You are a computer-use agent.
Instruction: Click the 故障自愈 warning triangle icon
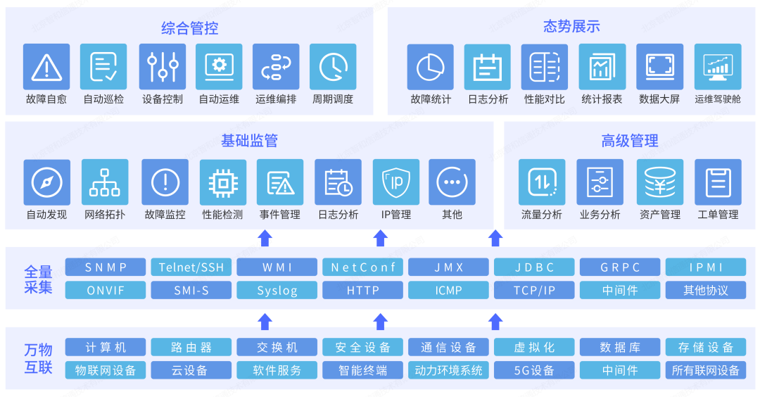tap(46, 67)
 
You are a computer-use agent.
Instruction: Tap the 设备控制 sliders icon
tap(163, 67)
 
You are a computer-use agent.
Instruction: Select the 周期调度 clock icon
tap(333, 67)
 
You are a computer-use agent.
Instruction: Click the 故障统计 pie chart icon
tap(431, 67)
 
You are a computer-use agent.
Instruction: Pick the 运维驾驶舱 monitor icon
tap(718, 67)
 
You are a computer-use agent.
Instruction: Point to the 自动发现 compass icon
tap(47, 182)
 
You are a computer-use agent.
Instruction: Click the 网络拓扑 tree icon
tap(105, 182)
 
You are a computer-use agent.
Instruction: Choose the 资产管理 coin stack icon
tap(660, 182)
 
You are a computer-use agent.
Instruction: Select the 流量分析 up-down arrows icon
tap(542, 182)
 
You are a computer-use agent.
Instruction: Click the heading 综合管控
tap(190, 28)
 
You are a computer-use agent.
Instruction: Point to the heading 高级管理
tap(630, 141)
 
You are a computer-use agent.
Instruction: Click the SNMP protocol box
tap(106, 267)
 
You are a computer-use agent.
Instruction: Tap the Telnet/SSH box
tap(191, 267)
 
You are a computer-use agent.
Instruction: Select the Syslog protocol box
tap(277, 290)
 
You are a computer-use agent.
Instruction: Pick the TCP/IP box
tap(534, 290)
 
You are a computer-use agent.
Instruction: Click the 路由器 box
tap(191, 347)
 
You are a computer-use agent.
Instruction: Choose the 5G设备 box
tap(534, 370)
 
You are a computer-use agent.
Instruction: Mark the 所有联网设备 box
tap(706, 370)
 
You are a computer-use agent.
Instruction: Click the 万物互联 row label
tap(39, 358)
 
